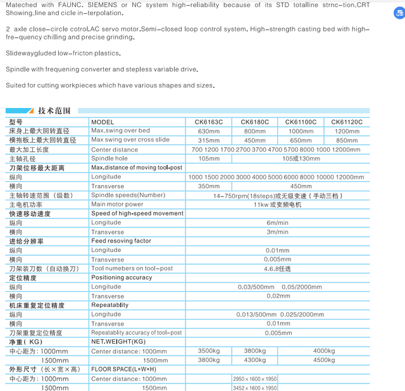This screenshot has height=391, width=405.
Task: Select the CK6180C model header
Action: pyautogui.click(x=255, y=122)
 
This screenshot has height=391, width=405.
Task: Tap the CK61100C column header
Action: pyautogui.click(x=301, y=122)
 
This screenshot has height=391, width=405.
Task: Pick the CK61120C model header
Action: pyautogui.click(x=347, y=122)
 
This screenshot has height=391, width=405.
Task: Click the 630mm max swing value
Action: pyautogui.click(x=209, y=131)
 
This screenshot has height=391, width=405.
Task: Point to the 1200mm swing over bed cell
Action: pyautogui.click(x=347, y=131)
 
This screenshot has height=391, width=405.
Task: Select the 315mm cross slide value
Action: pyautogui.click(x=209, y=140)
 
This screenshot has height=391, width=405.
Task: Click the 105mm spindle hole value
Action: pyautogui.click(x=209, y=159)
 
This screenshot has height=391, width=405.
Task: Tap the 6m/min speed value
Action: pyautogui.click(x=277, y=223)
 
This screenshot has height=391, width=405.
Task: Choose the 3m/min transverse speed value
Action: pyautogui.click(x=277, y=232)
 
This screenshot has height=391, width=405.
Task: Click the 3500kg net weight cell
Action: pyautogui.click(x=209, y=351)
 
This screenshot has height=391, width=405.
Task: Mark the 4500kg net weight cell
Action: pyautogui.click(x=323, y=360)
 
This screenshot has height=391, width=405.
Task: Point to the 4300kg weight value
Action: pyautogui.click(x=255, y=360)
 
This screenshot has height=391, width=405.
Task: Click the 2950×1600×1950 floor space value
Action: pyautogui.click(x=255, y=378)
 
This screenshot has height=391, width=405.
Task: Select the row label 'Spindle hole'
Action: pyautogui.click(x=109, y=159)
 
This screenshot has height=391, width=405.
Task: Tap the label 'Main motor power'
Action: pyautogui.click(x=117, y=205)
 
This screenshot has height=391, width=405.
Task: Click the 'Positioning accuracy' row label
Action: pyautogui.click(x=121, y=277)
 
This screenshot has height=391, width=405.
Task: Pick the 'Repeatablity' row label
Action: pyautogui.click(x=109, y=305)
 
